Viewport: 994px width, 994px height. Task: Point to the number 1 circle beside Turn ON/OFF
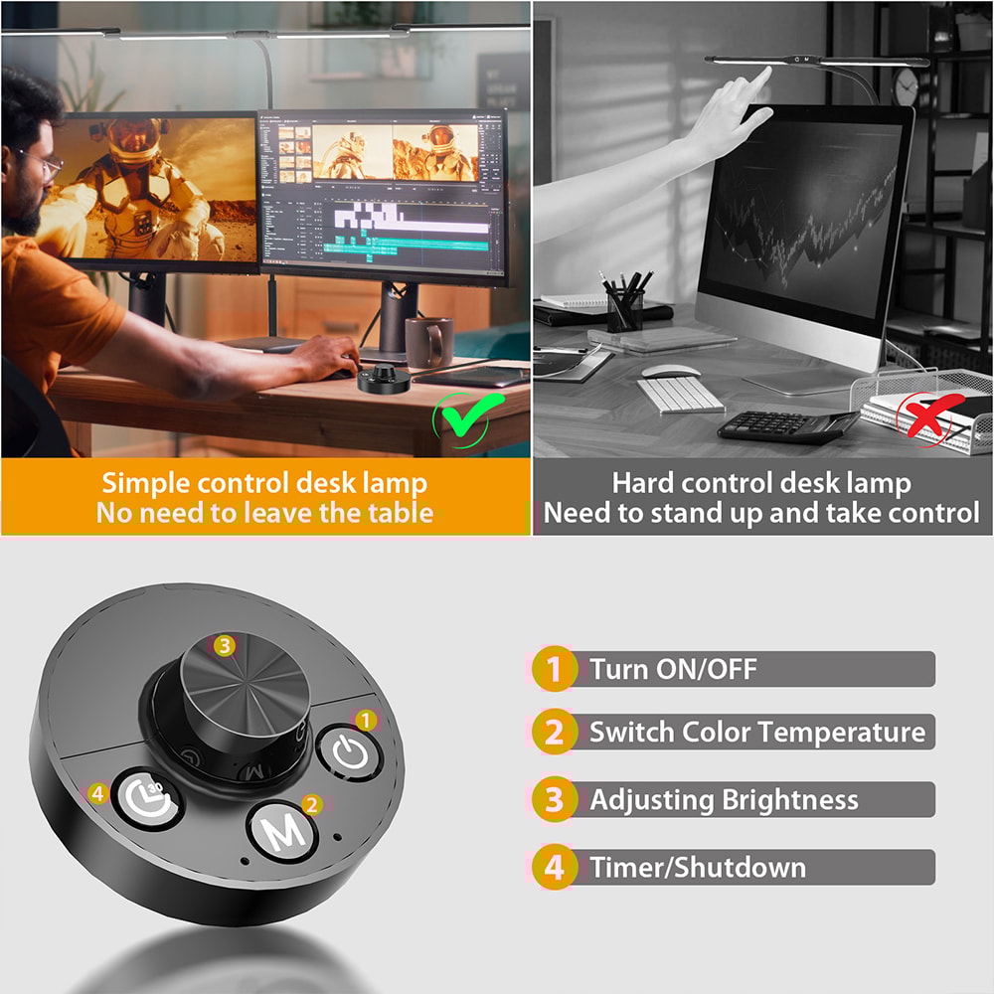click(x=554, y=669)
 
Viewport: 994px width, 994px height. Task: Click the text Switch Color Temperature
click(x=756, y=733)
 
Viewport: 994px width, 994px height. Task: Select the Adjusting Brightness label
click(x=724, y=800)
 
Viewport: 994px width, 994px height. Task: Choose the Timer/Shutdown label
click(x=697, y=867)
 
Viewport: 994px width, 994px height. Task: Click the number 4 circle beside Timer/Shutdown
click(x=554, y=867)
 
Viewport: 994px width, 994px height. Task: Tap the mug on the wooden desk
click(x=428, y=341)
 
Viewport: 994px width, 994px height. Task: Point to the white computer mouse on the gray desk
click(x=664, y=371)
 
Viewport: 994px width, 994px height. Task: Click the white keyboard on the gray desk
click(x=680, y=395)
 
